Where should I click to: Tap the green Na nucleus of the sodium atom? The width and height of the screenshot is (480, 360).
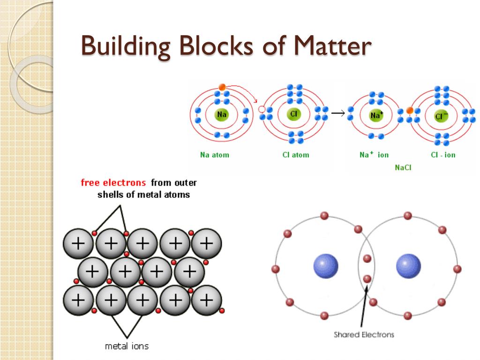coord(221,114)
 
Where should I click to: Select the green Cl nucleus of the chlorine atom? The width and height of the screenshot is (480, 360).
coord(294,114)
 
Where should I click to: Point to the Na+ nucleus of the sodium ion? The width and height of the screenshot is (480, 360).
coord(376,115)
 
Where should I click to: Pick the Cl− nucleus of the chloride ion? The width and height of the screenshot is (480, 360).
coord(441,116)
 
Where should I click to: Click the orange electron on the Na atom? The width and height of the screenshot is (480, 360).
coord(222,87)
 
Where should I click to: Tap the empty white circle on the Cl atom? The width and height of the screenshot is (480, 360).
coord(262,110)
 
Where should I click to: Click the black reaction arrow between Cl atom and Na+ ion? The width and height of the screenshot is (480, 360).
coord(338,113)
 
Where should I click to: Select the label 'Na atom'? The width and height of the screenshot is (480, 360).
coord(215,155)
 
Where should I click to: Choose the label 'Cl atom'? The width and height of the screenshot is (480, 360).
coord(296,155)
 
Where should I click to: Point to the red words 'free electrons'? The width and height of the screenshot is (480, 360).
coord(113,182)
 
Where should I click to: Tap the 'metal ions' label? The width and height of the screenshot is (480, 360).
coord(127,346)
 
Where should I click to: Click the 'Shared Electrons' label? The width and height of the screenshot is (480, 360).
coord(364,334)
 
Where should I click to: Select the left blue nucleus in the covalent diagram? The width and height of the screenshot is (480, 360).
coord(326,266)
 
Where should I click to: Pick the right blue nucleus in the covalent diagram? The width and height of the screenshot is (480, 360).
coord(408,266)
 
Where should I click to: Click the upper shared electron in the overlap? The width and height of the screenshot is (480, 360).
coord(367,258)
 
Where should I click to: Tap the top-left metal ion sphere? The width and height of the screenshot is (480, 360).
coord(78,243)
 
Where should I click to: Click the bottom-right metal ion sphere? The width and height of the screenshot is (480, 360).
coord(206,299)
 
